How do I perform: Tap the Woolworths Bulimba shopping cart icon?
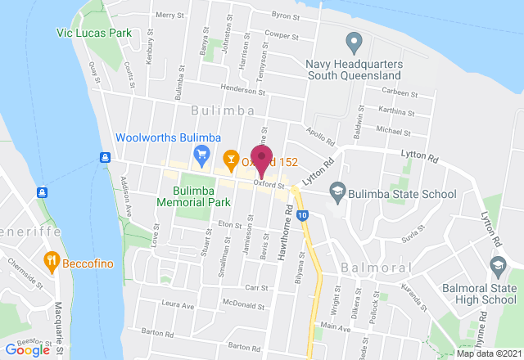pos(201,153)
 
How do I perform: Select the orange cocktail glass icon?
pos(231,156)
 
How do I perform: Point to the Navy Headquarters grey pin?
pos(355,40)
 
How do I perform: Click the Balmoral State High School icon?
pos(497,265)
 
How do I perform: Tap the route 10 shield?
pos(303,215)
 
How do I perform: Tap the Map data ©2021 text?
pos(487,353)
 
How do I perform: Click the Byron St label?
pos(286,16)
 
